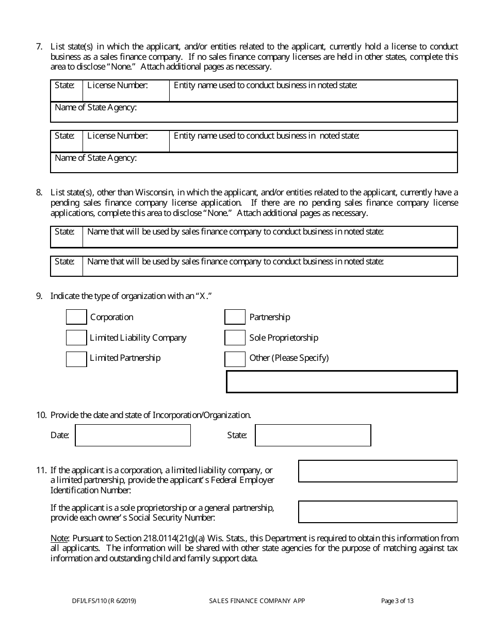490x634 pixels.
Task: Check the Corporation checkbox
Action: point(76,317)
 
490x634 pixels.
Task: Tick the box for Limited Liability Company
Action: point(76,338)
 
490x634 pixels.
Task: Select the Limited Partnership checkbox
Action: point(76,358)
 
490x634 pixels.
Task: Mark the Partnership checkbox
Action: point(235,317)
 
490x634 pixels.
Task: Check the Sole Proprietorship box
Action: point(235,338)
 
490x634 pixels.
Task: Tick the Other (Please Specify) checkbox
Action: point(235,358)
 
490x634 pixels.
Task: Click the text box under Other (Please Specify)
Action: point(341,381)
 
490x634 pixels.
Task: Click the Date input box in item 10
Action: point(133,435)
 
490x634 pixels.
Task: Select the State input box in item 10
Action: point(313,435)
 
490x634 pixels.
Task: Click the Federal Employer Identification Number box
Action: point(378,471)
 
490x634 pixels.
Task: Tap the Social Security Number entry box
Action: point(378,512)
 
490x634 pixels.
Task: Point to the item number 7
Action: point(39,46)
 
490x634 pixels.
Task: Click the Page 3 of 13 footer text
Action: point(397,600)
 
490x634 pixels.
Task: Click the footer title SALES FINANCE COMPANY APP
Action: point(257,600)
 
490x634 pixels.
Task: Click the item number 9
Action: point(39,296)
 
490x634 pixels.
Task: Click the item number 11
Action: point(41,470)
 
